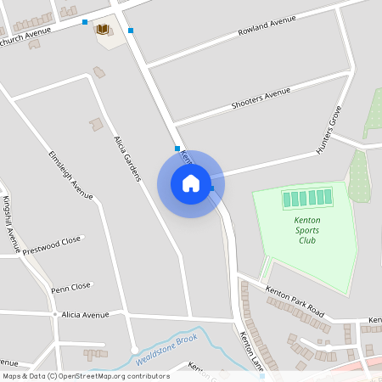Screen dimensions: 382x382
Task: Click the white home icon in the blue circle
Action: point(191,183)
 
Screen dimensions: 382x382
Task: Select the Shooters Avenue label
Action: point(261,99)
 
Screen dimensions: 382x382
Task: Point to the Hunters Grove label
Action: point(329,129)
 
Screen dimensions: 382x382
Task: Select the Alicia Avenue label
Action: point(86,315)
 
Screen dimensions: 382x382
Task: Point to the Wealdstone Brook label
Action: point(166,350)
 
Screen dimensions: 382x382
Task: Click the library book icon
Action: point(103,30)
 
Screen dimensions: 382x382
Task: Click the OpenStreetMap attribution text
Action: point(87,376)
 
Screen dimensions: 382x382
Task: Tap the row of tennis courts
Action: point(307,199)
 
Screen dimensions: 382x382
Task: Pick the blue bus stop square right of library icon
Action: point(131,31)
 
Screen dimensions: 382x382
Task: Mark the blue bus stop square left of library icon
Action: point(85,22)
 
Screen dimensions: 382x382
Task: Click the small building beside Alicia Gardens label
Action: point(95,125)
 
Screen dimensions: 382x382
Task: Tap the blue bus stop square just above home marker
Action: point(177,149)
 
